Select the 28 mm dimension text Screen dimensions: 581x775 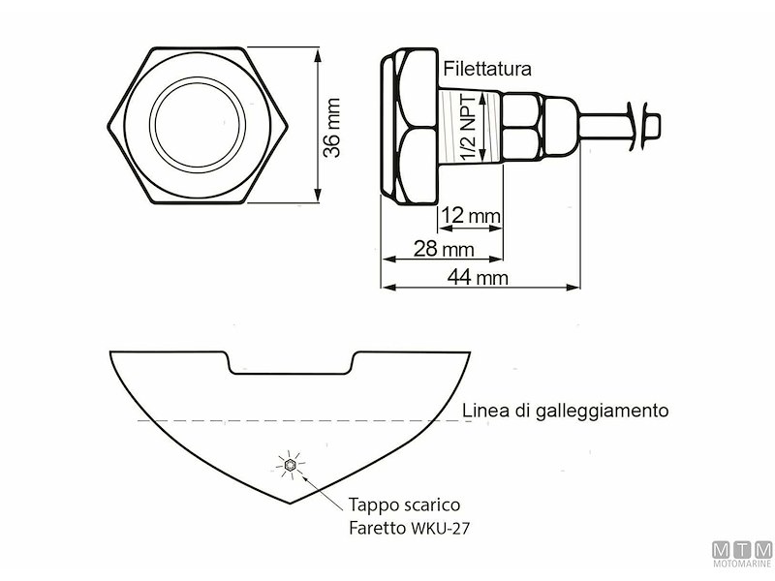(x=444, y=250)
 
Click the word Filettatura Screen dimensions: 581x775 (x=487, y=69)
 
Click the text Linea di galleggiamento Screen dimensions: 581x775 (x=565, y=410)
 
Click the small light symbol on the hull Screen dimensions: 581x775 (x=290, y=467)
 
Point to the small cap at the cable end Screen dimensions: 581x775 (x=653, y=125)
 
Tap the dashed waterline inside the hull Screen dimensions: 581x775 (x=291, y=420)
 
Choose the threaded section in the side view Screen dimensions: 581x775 (x=468, y=127)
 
